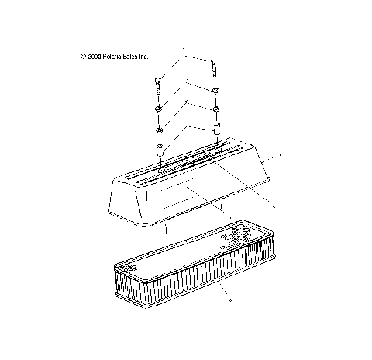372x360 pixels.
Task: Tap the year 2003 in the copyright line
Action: pyautogui.click(x=92, y=57)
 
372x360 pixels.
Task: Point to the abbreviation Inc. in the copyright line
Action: pyautogui.click(x=144, y=57)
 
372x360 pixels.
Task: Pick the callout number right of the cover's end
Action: pyautogui.click(x=280, y=157)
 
